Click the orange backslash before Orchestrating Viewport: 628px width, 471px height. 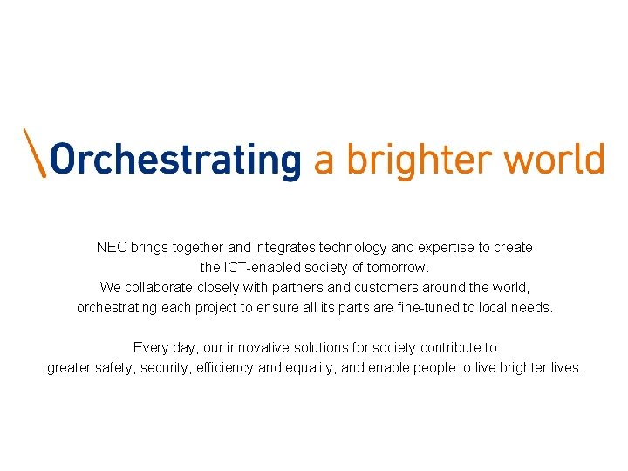click(34, 154)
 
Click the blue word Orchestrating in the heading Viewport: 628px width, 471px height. click(174, 160)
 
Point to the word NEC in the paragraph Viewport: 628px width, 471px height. click(112, 248)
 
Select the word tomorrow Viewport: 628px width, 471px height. click(398, 267)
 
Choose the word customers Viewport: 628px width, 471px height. click(383, 287)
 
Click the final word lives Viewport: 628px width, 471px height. click(565, 367)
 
